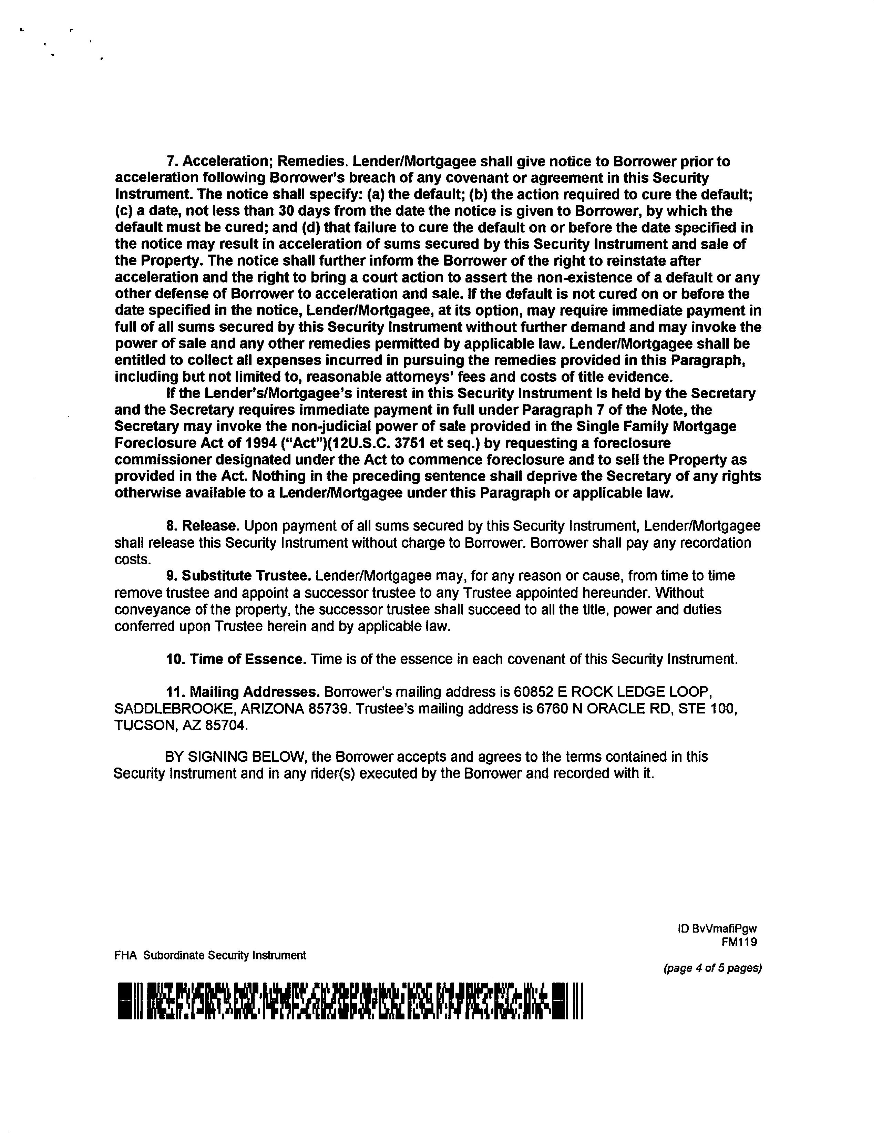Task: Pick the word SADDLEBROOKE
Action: click(x=169, y=709)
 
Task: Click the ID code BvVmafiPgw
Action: click(x=724, y=929)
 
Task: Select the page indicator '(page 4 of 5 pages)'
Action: click(x=712, y=968)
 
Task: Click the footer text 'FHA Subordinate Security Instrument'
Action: click(x=210, y=956)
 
